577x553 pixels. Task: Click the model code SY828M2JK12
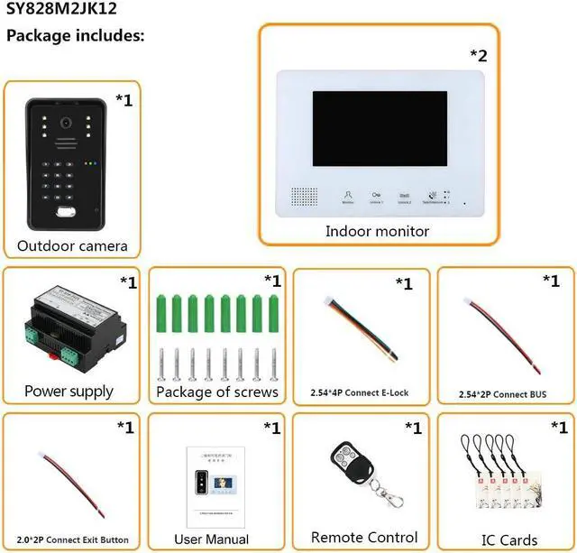coord(60,12)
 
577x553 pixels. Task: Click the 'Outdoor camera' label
coord(72,245)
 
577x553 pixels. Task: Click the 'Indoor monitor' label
coord(377,231)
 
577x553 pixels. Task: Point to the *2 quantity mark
coord(478,55)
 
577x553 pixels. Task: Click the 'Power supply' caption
coord(69,392)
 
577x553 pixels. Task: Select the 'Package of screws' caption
coord(216,392)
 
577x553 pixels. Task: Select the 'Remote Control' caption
coord(364,538)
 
